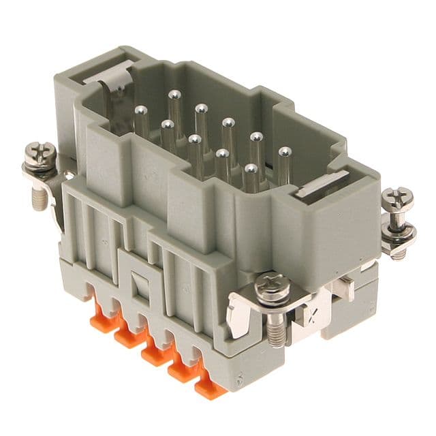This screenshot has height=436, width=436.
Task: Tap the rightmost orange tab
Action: click(x=209, y=386)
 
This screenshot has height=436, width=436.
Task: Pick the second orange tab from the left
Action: click(x=128, y=335)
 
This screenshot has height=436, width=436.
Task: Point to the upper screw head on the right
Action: click(x=396, y=198)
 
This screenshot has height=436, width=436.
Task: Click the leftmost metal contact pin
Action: click(x=141, y=111)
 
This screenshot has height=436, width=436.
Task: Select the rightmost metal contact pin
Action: click(x=284, y=153)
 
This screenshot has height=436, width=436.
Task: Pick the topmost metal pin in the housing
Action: click(x=174, y=96)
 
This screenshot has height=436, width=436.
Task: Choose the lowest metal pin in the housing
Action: click(x=251, y=170)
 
